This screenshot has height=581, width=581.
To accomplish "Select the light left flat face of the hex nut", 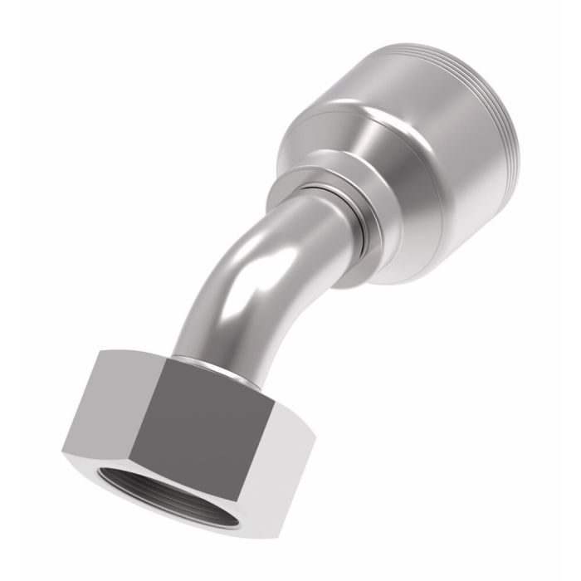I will coord(100,407).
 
